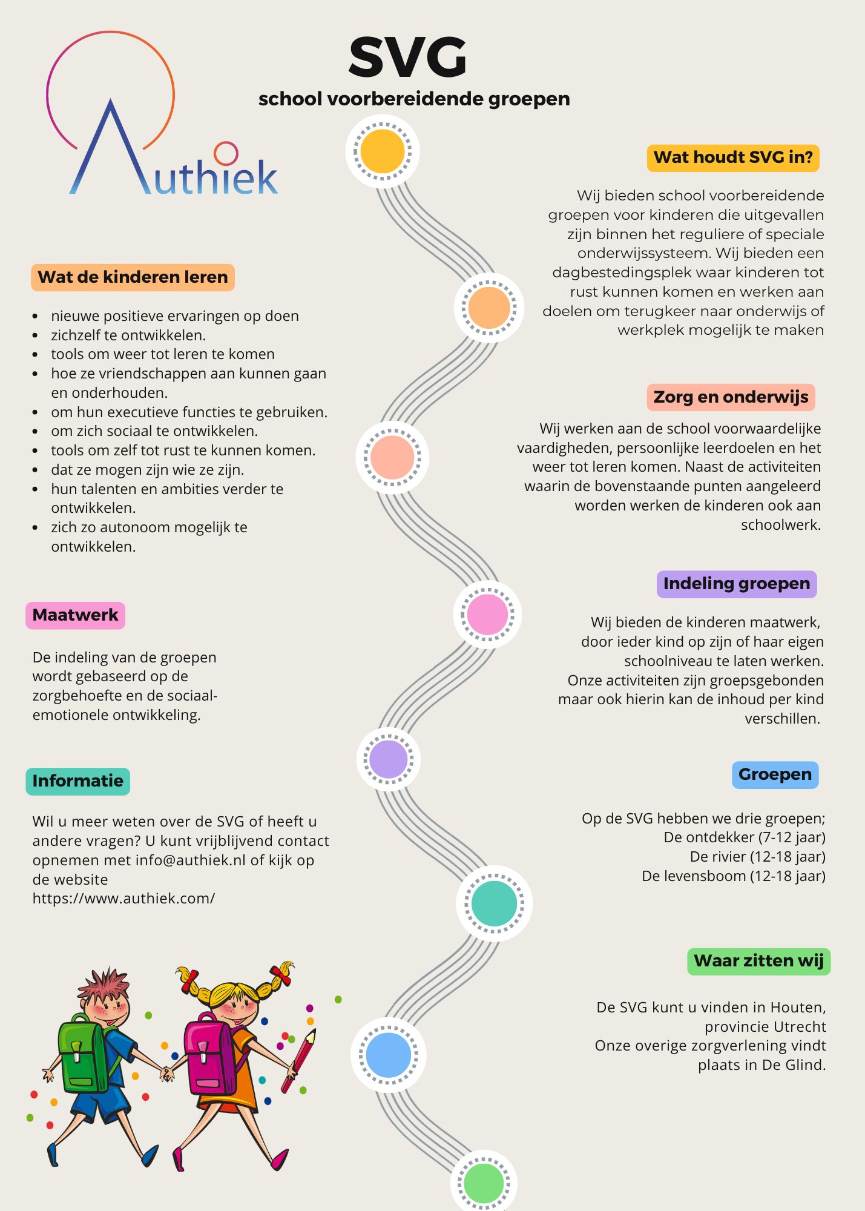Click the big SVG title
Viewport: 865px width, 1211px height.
point(407,58)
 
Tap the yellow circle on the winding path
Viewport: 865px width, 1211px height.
point(383,151)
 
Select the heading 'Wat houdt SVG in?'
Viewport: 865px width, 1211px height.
point(733,158)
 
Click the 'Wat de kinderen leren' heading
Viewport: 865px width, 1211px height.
point(133,277)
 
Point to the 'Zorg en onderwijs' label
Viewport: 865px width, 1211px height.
point(731,397)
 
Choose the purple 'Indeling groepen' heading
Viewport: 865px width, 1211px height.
point(736,584)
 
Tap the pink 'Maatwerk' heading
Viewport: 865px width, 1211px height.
point(75,615)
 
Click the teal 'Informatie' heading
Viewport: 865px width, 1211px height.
point(77,781)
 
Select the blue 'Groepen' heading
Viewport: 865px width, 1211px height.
point(775,774)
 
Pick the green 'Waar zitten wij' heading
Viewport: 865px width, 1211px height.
point(758,961)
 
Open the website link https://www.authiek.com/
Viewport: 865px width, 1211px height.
point(123,899)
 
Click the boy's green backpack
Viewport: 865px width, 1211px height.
point(82,1054)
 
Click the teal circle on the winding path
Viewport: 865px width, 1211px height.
point(494,903)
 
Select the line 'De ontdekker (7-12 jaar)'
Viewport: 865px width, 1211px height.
point(744,837)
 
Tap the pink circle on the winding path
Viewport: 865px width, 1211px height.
point(487,615)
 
